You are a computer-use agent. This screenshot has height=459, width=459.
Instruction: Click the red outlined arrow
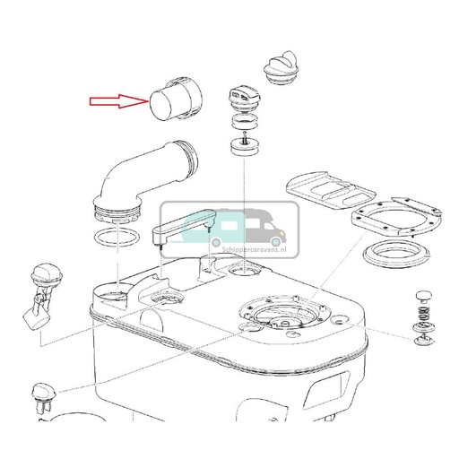click(x=119, y=101)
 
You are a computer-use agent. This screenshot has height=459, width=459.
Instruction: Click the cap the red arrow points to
click(x=176, y=99)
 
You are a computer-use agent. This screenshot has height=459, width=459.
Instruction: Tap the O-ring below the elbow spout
click(x=117, y=238)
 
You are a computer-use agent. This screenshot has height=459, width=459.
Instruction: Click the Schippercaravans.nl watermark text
click(x=254, y=249)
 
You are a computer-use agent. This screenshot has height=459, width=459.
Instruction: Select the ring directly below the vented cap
click(x=245, y=120)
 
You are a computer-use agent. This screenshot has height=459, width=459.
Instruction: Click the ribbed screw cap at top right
click(x=281, y=68)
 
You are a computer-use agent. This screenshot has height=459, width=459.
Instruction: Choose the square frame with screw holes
click(x=396, y=216)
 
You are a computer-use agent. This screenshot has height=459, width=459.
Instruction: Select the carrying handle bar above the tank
click(x=184, y=226)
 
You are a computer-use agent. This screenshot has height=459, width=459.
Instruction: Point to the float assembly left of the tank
click(x=42, y=296)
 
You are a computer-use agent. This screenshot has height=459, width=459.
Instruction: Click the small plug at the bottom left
click(x=44, y=397)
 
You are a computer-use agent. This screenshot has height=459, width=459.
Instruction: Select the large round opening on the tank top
click(x=284, y=312)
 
